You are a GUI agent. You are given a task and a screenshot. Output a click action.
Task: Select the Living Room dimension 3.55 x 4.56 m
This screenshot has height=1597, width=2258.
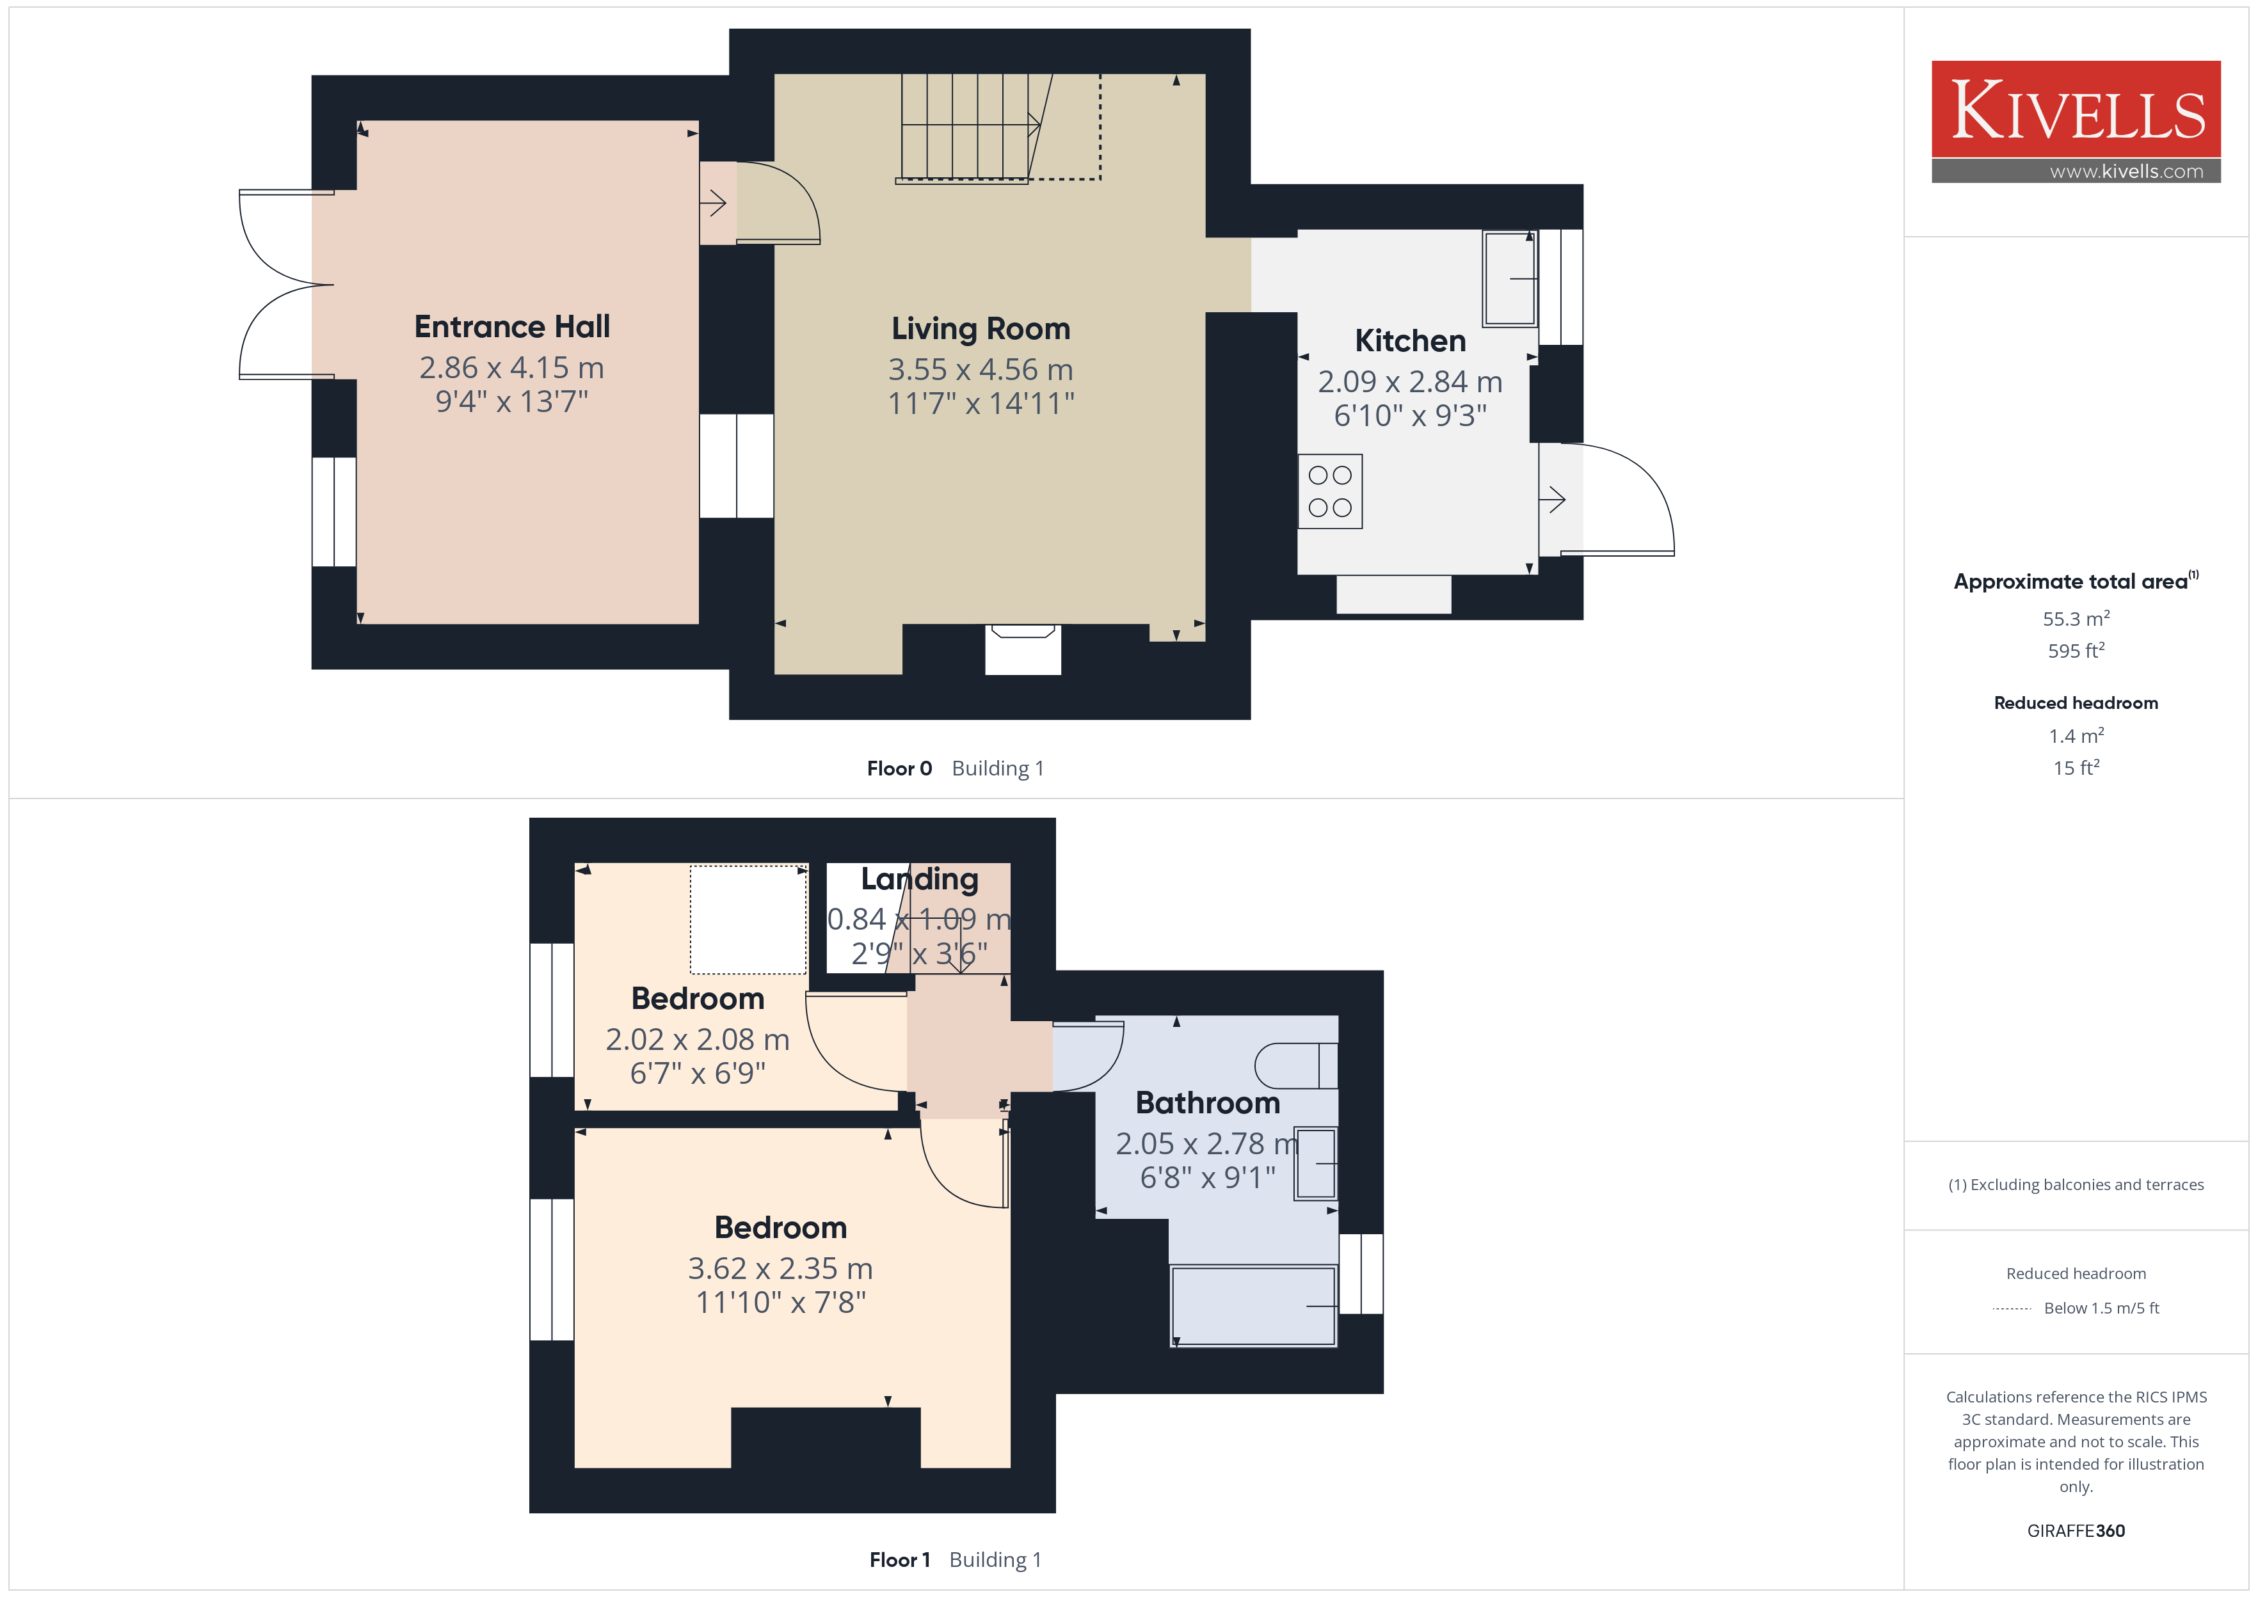click(981, 370)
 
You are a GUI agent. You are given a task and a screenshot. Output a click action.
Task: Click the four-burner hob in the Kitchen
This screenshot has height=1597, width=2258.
click(1329, 491)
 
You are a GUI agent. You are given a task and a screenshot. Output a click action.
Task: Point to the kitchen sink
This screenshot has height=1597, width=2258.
click(1510, 278)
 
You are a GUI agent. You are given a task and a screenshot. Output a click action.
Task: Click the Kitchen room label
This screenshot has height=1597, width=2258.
click(1410, 340)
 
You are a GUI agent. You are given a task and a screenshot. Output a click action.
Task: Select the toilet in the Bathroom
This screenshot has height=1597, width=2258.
click(1296, 1066)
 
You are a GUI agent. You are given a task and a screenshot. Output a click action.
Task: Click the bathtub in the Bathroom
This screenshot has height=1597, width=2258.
click(1254, 1306)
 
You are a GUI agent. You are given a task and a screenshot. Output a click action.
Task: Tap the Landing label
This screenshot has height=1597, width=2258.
click(920, 879)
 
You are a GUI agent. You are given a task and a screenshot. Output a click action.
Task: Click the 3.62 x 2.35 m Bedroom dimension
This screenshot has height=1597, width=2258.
click(780, 1269)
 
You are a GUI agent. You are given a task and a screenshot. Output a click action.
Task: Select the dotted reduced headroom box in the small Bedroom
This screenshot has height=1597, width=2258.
click(748, 919)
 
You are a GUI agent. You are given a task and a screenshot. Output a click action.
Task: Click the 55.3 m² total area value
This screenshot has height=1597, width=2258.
click(2076, 619)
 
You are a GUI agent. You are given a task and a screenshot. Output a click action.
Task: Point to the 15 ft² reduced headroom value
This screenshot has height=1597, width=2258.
click(2076, 768)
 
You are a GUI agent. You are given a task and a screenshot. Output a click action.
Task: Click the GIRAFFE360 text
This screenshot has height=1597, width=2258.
click(2076, 1531)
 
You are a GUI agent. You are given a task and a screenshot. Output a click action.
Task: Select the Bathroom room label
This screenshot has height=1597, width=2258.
click(1208, 1103)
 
